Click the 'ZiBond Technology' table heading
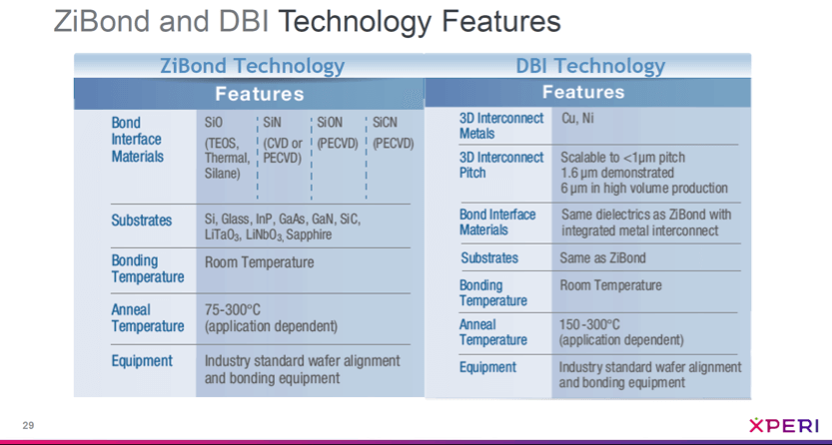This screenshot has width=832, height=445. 252,67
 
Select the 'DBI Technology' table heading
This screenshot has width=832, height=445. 590,67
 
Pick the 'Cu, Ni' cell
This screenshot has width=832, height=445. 576,117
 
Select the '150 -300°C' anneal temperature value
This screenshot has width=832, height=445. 589,324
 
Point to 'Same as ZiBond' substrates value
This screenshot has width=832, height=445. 602,257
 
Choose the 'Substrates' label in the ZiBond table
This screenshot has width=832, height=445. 141,221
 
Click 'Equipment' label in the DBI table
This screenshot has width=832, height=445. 487,367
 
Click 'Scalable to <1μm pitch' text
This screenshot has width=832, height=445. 623,158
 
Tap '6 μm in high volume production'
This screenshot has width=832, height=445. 644,188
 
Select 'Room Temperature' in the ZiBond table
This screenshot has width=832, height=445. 259,262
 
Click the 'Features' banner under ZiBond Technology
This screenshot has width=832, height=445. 259,95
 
